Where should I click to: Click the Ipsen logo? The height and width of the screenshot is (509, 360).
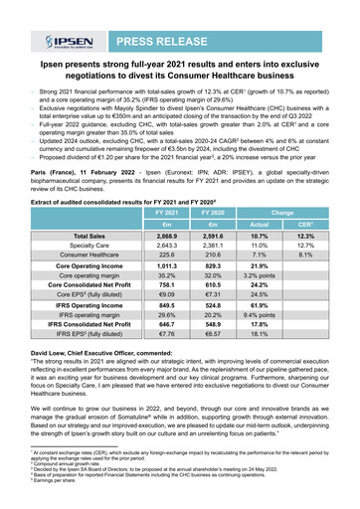pos(63,44)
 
